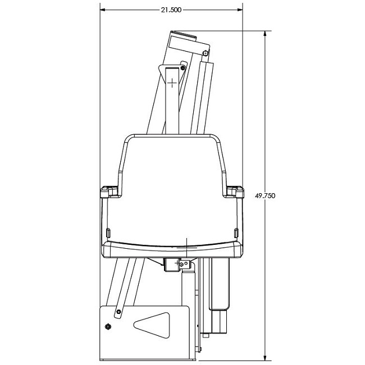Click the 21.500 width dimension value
171,10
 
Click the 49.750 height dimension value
265,195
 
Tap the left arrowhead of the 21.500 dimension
103,10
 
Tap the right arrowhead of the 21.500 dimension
240,10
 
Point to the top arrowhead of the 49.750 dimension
265,34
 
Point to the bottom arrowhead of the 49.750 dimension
265,358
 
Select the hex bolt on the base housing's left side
108,327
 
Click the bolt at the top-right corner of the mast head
205,53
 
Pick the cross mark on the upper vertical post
172,83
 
